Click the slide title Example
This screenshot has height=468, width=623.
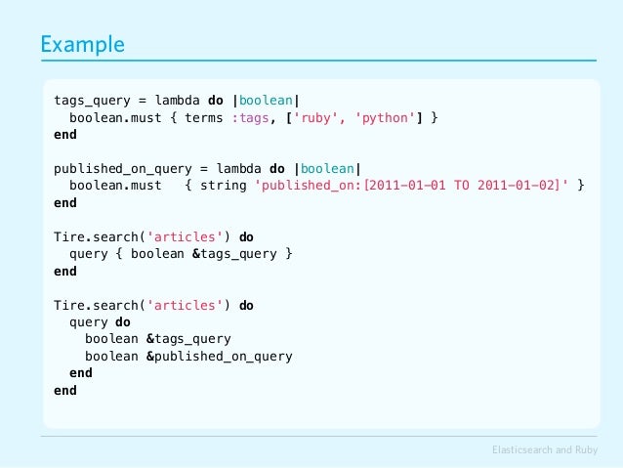coord(82,45)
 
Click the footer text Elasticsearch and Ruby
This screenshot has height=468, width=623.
coord(546,449)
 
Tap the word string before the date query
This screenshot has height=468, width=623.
coord(223,186)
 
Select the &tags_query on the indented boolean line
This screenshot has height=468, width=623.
coord(187,339)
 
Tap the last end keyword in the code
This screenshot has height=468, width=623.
coord(64,390)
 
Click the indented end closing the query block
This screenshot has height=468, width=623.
coord(81,373)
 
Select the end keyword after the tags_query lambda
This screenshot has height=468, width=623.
coord(64,135)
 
